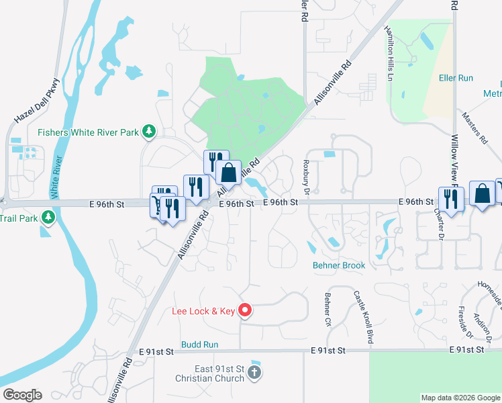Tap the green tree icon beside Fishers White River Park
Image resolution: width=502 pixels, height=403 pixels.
(x=152, y=132)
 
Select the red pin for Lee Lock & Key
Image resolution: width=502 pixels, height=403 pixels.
(x=246, y=310)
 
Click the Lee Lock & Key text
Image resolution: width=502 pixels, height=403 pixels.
(x=204, y=311)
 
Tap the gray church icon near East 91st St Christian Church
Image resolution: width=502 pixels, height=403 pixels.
(x=254, y=371)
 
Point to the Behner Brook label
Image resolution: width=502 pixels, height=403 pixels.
(x=339, y=265)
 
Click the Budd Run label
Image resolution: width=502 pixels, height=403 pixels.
(x=200, y=344)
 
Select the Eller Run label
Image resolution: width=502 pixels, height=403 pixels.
(x=456, y=78)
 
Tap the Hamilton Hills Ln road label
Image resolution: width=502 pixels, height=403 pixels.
(x=389, y=54)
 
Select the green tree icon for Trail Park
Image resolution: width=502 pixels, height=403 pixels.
(x=48, y=218)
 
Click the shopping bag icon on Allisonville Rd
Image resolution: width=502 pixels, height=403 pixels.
(x=228, y=173)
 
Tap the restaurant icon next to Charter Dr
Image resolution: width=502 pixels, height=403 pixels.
(x=450, y=199)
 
